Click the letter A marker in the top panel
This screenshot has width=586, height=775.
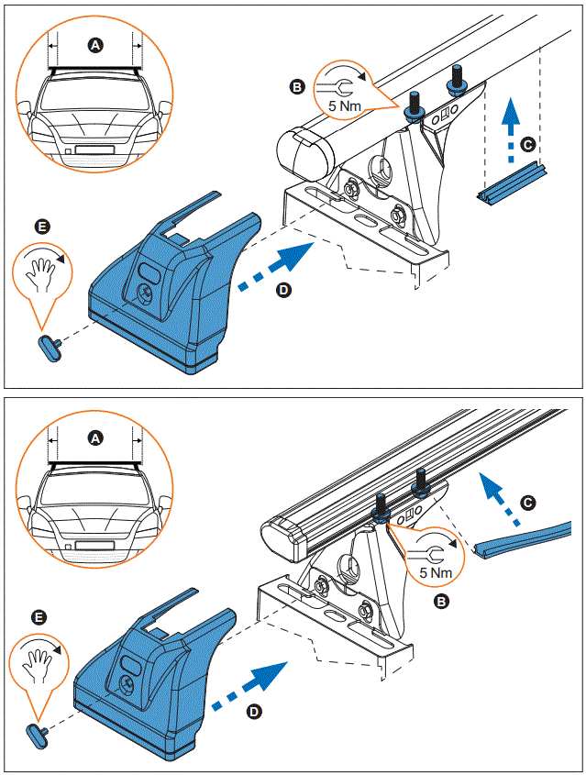pos(95,43)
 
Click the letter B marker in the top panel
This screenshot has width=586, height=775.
pos(296,86)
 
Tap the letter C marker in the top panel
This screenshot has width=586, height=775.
pos(525,144)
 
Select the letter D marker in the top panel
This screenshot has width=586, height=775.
pos(283,290)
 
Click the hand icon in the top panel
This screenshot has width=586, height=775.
pos(39,271)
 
